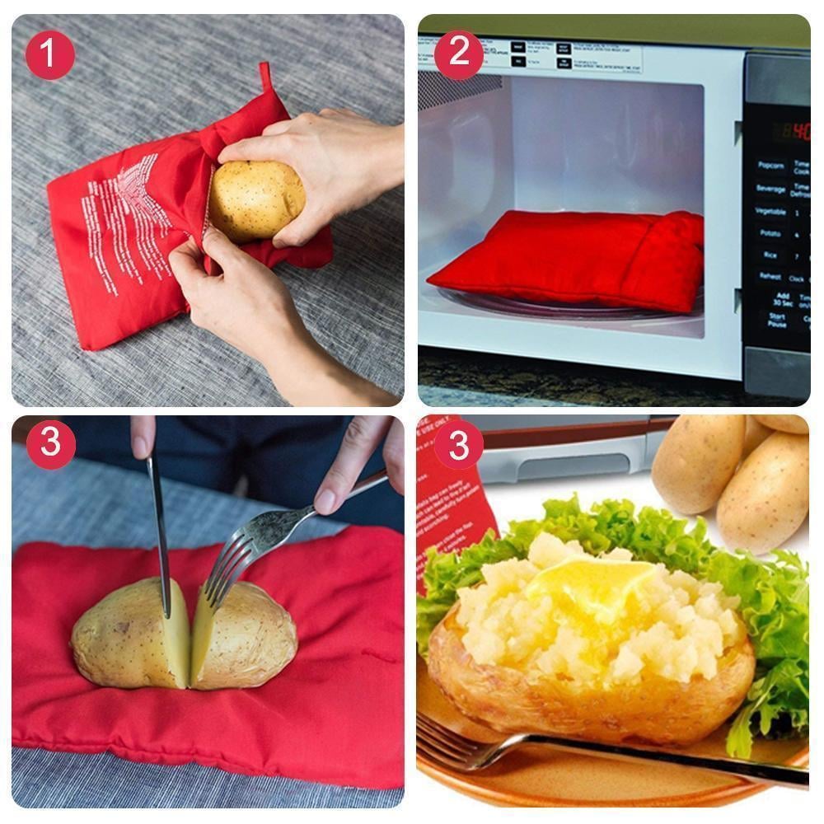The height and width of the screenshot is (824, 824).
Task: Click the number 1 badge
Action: pyautogui.click(x=49, y=55)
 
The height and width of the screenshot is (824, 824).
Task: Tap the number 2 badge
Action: pyautogui.click(x=458, y=55)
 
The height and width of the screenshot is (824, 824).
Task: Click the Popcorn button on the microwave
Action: pyautogui.click(x=770, y=166)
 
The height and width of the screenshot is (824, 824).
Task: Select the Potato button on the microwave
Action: pyautogui.click(x=770, y=233)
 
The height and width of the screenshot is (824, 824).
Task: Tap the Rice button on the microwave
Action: pyautogui.click(x=770, y=255)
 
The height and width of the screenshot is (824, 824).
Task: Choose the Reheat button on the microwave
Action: pyautogui.click(x=770, y=278)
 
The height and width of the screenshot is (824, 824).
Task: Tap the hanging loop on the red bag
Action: pyautogui.click(x=265, y=76)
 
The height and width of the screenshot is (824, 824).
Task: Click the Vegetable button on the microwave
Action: pyautogui.click(x=770, y=211)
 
